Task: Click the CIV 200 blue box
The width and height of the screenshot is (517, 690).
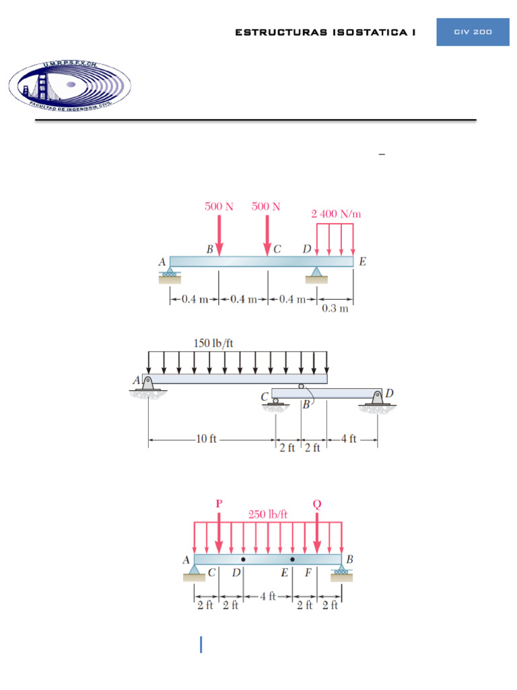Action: pyautogui.click(x=473, y=32)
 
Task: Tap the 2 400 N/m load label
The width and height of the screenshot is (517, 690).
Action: pyautogui.click(x=336, y=214)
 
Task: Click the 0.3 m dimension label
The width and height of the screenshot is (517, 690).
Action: pyautogui.click(x=335, y=309)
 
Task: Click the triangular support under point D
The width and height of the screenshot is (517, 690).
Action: pyautogui.click(x=316, y=272)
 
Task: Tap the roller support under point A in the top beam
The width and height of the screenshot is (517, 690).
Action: pyautogui.click(x=170, y=274)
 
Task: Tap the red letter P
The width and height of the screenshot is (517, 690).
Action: pyautogui.click(x=219, y=503)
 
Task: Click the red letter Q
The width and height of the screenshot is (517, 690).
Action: pyautogui.click(x=317, y=503)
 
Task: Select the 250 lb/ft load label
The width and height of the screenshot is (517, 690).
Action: pyautogui.click(x=268, y=514)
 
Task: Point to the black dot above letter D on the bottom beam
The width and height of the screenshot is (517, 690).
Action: pyautogui.click(x=243, y=559)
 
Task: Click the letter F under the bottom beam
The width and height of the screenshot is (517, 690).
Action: pyautogui.click(x=308, y=573)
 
